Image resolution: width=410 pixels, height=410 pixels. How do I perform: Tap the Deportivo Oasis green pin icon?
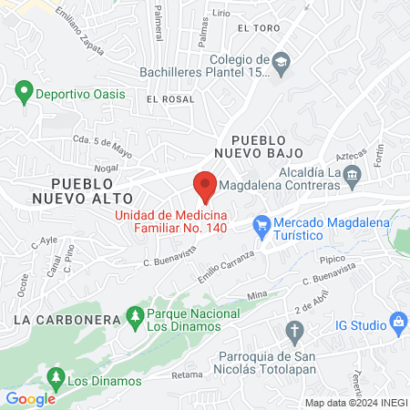coord(23,93)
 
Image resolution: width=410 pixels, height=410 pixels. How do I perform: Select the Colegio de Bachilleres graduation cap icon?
coord(281,62)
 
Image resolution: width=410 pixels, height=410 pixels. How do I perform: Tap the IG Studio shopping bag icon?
coord(397,322)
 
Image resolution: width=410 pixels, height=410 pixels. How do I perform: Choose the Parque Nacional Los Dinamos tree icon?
coord(135,316)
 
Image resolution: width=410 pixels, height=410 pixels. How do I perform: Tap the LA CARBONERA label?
coord(67,320)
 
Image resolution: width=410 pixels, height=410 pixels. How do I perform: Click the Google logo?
coord(30,398)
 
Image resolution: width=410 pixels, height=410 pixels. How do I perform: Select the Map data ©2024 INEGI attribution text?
coord(354,403)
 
